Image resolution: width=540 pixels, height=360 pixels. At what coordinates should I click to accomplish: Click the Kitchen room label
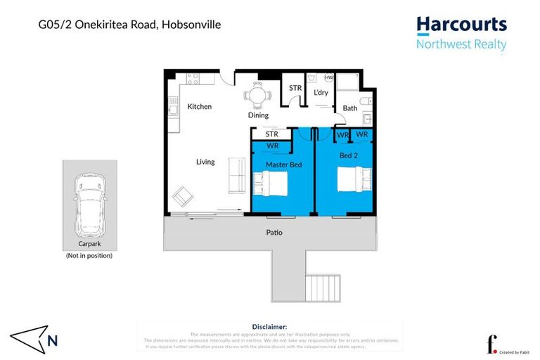(200, 107)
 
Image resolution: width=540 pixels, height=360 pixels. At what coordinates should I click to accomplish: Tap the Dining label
(259, 115)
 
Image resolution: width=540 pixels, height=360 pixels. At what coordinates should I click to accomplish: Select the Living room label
(205, 162)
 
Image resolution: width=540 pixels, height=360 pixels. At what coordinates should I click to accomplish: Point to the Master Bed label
(283, 165)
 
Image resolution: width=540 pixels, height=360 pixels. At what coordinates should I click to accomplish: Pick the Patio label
(274, 232)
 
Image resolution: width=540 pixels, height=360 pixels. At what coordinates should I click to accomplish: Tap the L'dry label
(321, 93)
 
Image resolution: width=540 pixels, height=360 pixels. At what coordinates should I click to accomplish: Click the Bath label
(350, 108)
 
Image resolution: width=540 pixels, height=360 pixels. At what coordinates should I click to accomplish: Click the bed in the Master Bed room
(270, 185)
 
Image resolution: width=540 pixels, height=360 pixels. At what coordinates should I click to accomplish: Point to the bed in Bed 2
(354, 180)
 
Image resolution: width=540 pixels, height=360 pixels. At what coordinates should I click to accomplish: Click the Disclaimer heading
(269, 327)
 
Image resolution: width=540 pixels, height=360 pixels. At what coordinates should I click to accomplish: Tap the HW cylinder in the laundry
(329, 78)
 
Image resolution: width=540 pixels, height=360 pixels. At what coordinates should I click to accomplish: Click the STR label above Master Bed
(272, 134)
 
